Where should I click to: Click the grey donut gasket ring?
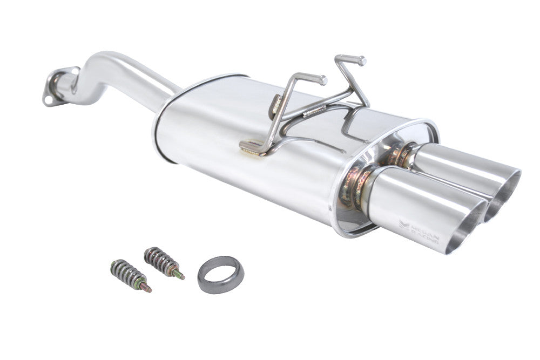[220, 275]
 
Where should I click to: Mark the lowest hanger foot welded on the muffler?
[250, 147]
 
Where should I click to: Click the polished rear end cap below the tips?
[346, 221]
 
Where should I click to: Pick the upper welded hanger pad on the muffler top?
[276, 103]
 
